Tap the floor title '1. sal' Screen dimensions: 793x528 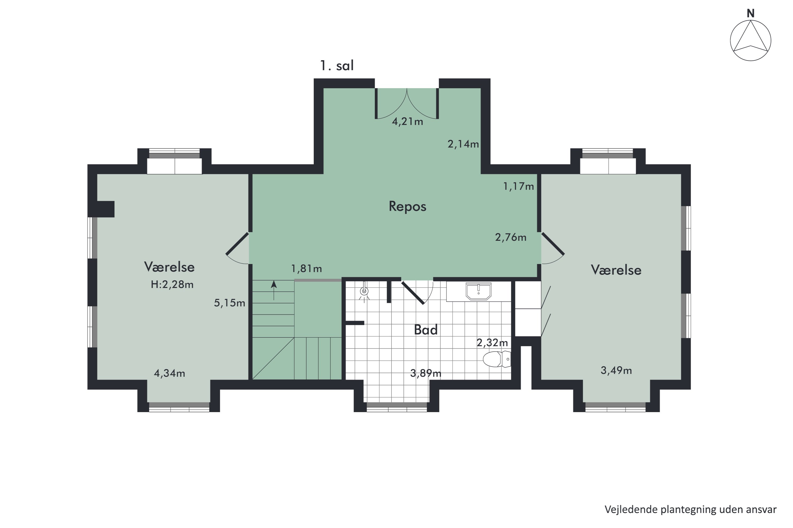(337, 66)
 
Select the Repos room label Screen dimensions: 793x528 (407, 206)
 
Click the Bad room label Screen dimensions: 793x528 (426, 330)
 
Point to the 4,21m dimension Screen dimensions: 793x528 (407, 121)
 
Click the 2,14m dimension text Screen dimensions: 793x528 (463, 144)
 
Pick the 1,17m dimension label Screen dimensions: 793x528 (519, 186)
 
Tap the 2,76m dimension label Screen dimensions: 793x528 (510, 237)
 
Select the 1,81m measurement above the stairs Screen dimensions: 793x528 (306, 268)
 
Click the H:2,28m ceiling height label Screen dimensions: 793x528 (172, 285)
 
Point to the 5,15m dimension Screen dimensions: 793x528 (229, 303)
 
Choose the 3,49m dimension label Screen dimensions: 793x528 (616, 370)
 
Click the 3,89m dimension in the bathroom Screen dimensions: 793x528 (426, 373)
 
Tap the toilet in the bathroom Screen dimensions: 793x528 (497, 359)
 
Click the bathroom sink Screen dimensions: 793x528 (478, 291)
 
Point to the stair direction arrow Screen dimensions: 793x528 (274, 290)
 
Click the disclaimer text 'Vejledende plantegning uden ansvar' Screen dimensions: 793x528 (690, 510)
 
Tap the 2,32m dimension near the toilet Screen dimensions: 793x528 (492, 342)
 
